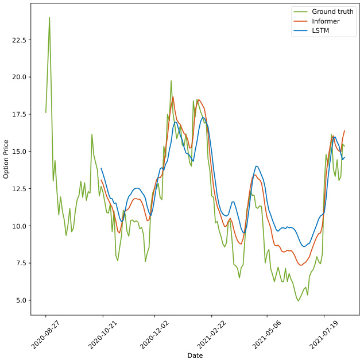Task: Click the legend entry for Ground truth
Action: [332, 11]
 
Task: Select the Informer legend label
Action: [326, 21]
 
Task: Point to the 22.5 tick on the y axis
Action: [19, 40]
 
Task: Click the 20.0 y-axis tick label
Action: [19, 77]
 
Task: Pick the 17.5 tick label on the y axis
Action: [19, 114]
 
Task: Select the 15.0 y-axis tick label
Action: [19, 152]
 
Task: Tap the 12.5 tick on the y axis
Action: [19, 189]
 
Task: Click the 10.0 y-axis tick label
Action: [19, 226]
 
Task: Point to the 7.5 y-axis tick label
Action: [21, 263]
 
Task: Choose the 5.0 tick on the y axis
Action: [21, 300]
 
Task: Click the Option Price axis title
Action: [6, 158]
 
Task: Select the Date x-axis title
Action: [195, 355]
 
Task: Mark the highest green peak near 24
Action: [49, 17]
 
